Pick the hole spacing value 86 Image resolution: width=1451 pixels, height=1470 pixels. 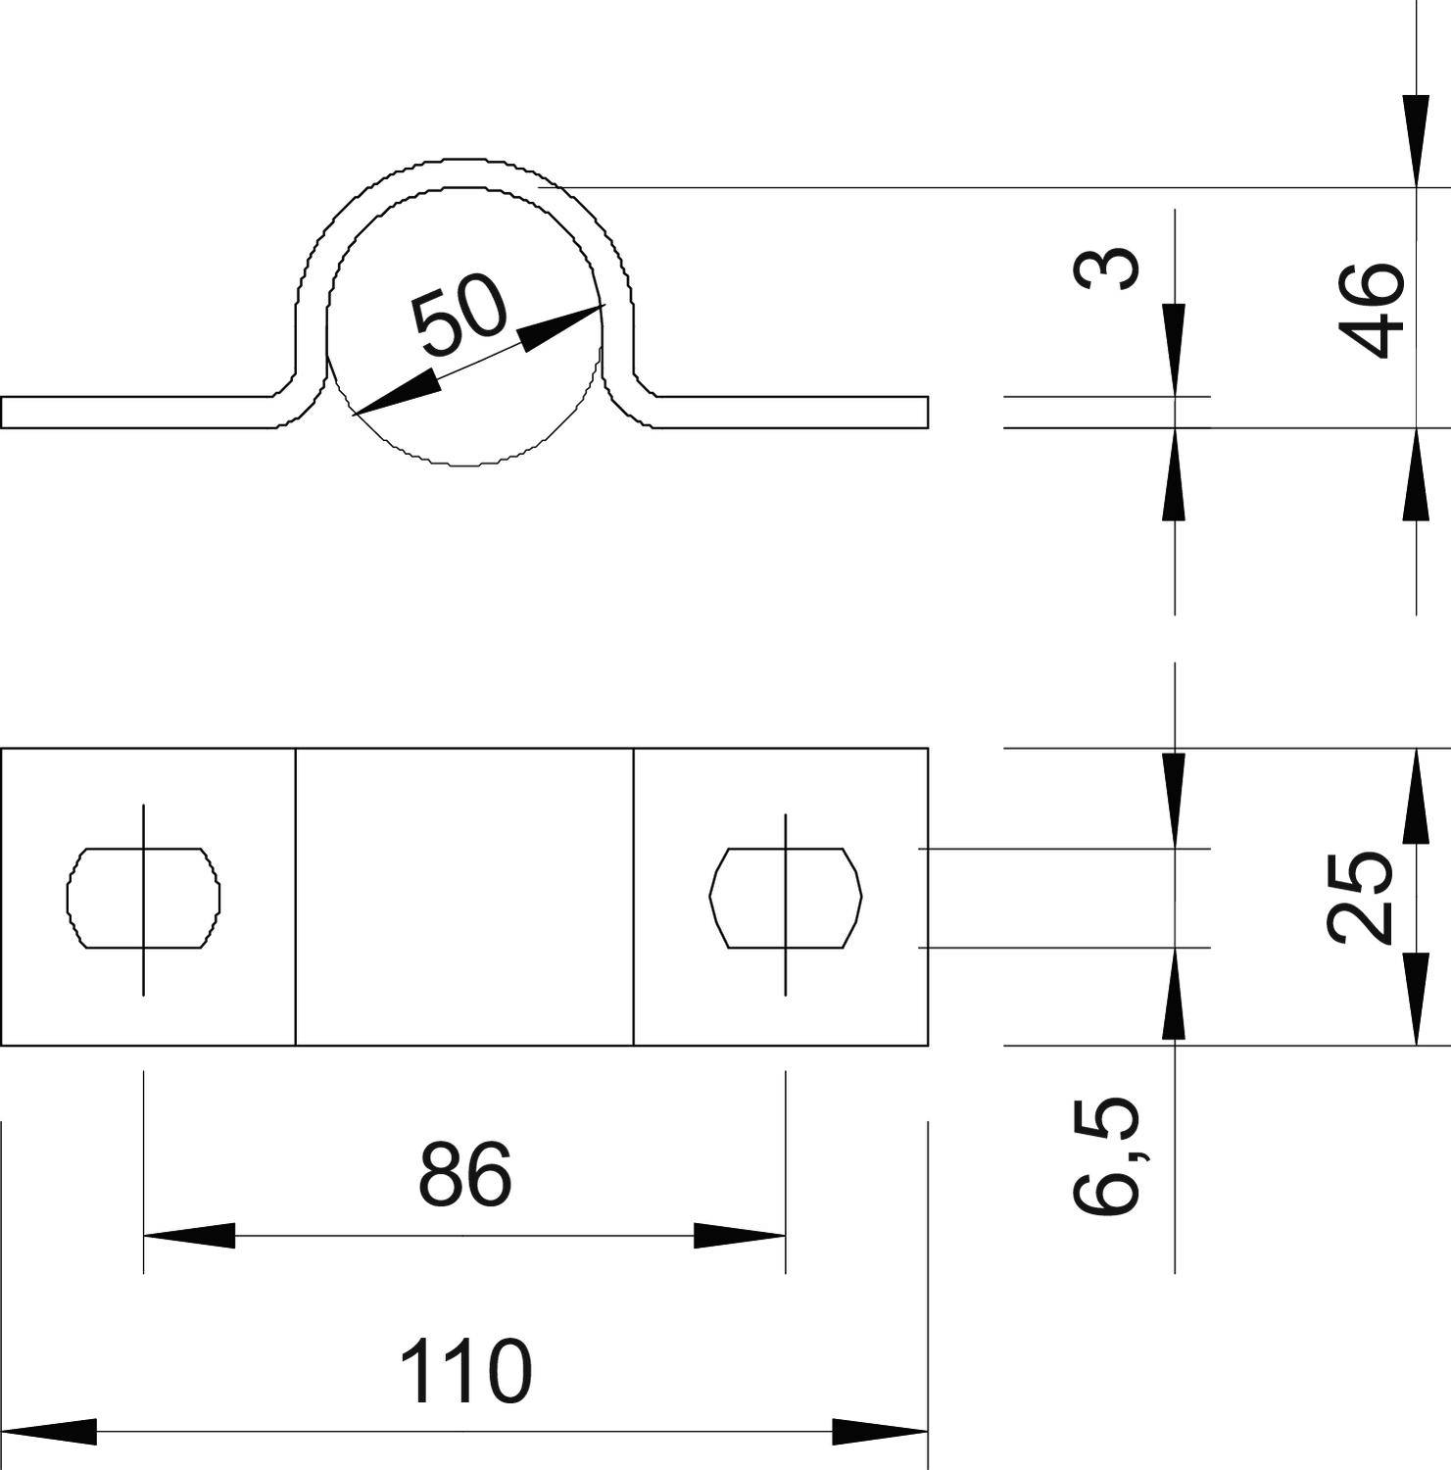click(464, 1174)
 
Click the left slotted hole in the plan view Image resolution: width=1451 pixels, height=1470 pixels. click(143, 898)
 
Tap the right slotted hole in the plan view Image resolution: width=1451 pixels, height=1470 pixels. click(785, 898)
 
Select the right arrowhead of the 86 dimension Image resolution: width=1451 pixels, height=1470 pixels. click(741, 1236)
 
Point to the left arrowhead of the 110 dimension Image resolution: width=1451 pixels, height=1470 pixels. click(49, 1432)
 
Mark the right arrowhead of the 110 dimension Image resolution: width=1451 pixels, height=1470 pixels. click(880, 1432)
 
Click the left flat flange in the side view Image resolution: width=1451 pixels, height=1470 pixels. click(137, 413)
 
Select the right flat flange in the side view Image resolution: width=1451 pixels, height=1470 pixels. click(794, 413)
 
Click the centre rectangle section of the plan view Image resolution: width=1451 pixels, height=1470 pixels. click(464, 898)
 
